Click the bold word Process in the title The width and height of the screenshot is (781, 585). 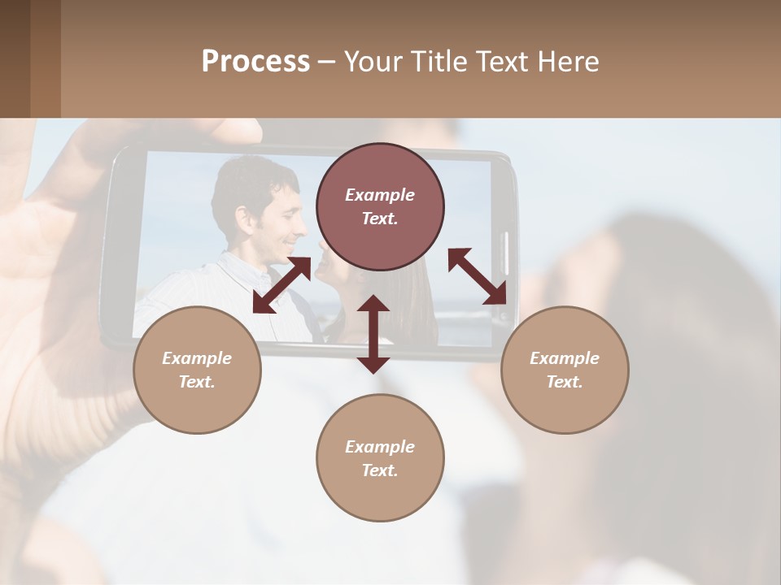click(255, 62)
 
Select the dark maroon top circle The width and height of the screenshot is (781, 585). click(380, 207)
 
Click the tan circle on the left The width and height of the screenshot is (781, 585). click(197, 370)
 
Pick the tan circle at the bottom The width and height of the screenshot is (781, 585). click(380, 457)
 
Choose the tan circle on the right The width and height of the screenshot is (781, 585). click(565, 370)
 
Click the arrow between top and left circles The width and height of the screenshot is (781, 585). click(281, 284)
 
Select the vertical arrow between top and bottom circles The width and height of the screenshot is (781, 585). click(373, 334)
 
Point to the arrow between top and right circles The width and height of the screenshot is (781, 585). click(477, 276)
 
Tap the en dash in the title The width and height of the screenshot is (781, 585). click(326, 62)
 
